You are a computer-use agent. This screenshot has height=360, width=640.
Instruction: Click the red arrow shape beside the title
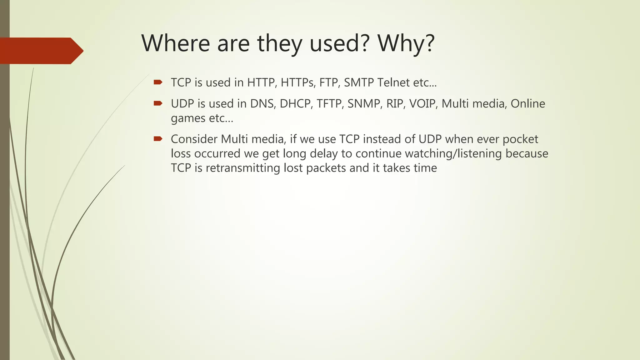41,51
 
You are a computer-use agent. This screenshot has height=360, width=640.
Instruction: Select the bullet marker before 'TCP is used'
158,82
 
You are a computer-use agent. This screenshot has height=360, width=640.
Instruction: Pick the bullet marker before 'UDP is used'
158,103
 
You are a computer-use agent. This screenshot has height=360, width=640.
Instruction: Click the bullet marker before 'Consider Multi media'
158,139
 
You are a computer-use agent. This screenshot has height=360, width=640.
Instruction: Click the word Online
528,103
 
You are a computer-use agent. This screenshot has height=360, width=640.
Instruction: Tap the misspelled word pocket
520,139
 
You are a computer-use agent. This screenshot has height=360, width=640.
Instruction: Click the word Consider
194,139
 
